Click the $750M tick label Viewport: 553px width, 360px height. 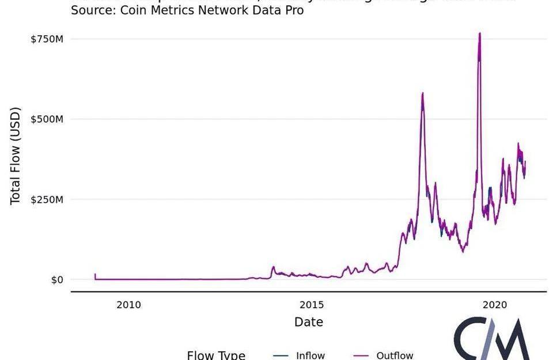[47, 39]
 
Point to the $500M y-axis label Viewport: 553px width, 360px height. [47, 119]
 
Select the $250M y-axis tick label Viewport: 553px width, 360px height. [47, 199]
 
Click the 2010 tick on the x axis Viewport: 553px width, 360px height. [128, 304]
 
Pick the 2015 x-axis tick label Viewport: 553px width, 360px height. [311, 304]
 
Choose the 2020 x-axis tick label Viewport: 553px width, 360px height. [494, 304]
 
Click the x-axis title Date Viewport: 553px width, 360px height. [309, 321]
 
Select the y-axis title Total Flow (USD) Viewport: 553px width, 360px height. [16, 155]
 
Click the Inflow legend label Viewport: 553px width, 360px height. [310, 355]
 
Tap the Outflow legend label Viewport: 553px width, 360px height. [395, 355]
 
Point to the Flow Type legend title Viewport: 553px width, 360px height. [216, 355]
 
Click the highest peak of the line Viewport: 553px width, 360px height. [479, 33]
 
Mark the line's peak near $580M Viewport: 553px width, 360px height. [423, 93]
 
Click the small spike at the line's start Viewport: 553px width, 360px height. [95, 275]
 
